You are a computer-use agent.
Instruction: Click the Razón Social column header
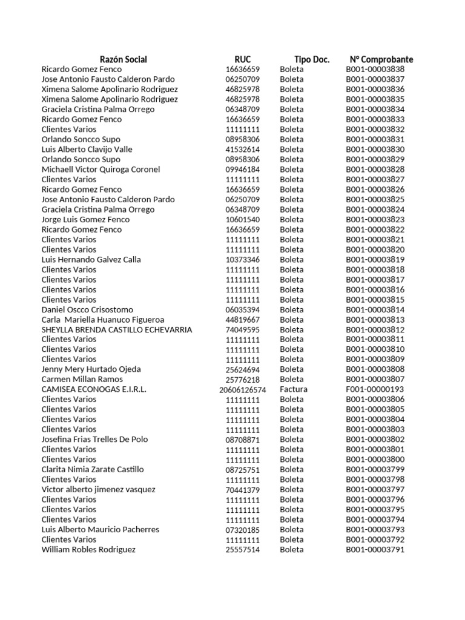coord(124,59)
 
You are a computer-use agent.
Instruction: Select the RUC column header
coord(242,59)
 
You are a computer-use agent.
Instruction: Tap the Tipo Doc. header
coord(312,59)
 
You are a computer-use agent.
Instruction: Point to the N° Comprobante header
coord(381,59)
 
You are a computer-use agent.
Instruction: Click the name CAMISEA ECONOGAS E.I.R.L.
coord(94,389)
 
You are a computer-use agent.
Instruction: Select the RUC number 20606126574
coord(242,390)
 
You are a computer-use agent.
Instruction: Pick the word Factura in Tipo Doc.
coord(294,389)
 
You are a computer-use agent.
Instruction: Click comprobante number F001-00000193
coord(375,389)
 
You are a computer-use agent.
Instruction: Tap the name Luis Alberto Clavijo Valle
coord(87,149)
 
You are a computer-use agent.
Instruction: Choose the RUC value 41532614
coord(242,150)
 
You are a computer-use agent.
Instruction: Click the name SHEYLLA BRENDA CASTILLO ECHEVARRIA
coord(117,329)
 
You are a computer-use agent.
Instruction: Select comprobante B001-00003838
coord(375,69)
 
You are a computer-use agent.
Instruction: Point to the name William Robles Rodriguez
coord(88,550)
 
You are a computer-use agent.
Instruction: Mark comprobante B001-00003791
coord(375,550)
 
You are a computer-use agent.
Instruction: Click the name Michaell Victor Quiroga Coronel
coord(101,170)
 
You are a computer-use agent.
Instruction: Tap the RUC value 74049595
coord(242,330)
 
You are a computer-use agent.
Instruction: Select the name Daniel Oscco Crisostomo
coord(87,309)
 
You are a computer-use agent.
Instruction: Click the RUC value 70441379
coord(242,490)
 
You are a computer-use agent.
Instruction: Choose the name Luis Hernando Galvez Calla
coord(91,260)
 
